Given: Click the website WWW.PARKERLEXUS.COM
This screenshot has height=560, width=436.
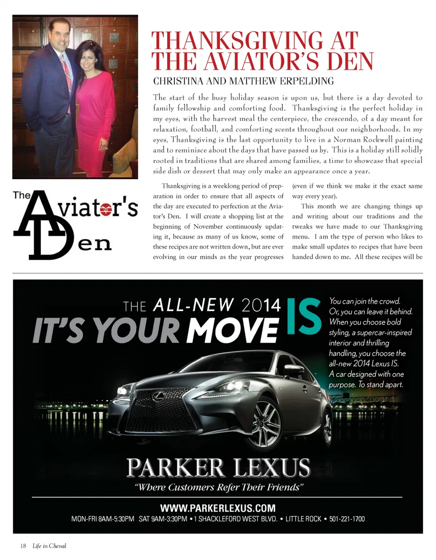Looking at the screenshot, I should click(218, 507).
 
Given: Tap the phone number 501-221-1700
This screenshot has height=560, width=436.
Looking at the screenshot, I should click(347, 519).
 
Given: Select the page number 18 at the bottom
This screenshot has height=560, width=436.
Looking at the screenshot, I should click(23, 546).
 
